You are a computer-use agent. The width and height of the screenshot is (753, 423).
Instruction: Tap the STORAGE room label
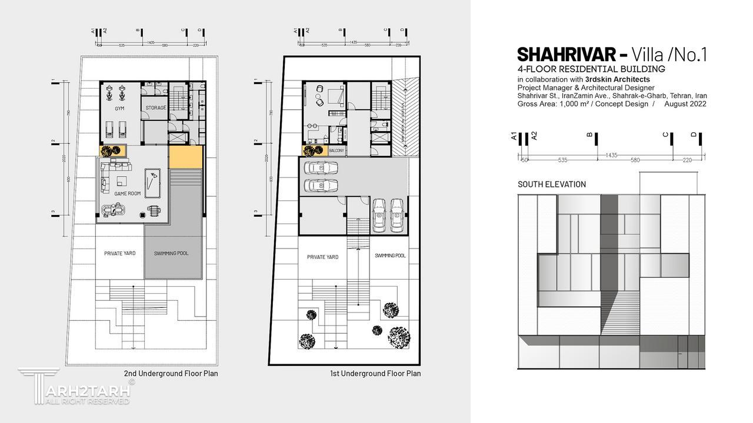coord(156,108)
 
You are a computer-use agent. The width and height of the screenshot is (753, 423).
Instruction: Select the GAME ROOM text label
coord(128,194)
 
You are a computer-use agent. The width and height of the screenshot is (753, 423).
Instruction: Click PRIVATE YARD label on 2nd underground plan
coord(120,253)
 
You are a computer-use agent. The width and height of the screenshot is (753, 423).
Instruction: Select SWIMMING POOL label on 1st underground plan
coord(390,256)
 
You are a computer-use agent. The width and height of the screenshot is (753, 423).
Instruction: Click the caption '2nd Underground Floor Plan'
coord(171,373)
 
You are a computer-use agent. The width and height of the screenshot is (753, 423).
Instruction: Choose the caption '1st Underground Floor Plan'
coord(376,373)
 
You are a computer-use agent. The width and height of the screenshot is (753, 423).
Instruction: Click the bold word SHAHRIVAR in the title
coord(565,55)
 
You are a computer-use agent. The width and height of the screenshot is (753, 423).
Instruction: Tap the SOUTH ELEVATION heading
coord(552,184)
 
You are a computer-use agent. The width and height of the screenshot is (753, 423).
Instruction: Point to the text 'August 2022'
coord(685,104)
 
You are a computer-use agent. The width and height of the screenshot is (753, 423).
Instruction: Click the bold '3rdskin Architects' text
coord(618,79)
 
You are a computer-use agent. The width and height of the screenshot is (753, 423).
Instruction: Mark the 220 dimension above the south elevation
coord(687,160)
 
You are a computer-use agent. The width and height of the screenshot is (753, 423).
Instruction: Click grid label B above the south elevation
coord(589,135)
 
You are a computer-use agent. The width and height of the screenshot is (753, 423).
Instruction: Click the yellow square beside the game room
coord(186,157)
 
